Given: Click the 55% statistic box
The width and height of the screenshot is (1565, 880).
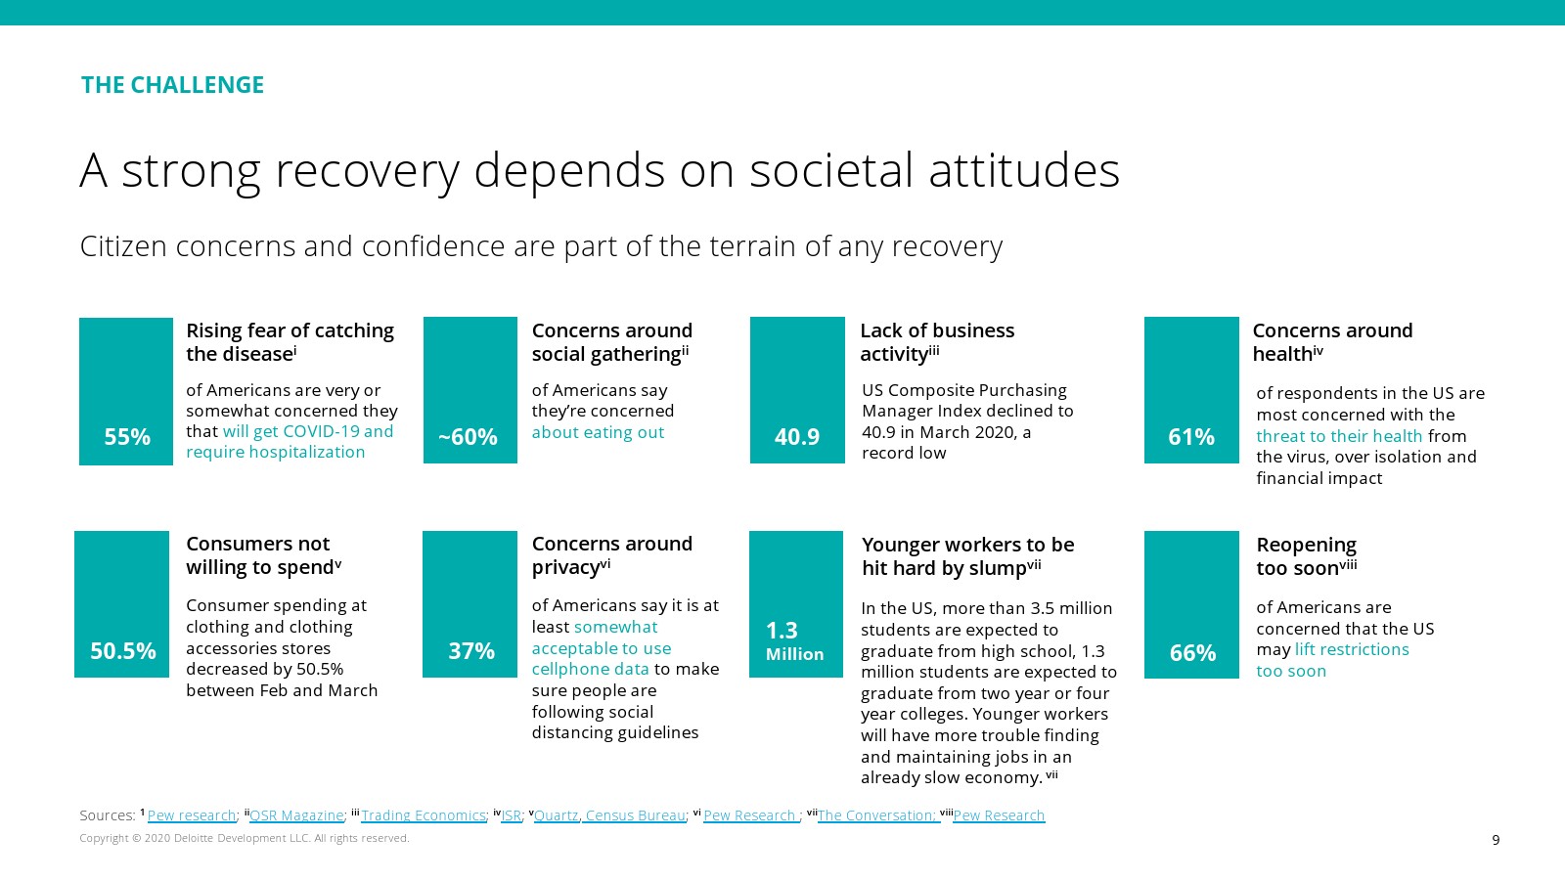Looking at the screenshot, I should click(126, 391).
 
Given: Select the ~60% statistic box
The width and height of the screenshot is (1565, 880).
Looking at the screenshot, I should click(469, 390).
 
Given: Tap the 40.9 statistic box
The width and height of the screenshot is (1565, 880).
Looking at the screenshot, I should click(797, 390).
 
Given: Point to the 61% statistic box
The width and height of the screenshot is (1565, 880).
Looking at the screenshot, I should click(1191, 390).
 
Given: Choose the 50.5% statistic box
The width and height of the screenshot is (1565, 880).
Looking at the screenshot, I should click(122, 604).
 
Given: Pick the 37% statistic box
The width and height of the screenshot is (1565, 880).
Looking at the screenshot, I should click(469, 604).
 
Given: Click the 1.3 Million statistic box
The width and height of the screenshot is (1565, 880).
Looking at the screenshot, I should click(795, 604).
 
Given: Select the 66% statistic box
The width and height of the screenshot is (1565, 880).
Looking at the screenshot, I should click(1191, 604).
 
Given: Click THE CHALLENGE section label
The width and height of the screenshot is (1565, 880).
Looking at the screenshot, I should click(172, 85).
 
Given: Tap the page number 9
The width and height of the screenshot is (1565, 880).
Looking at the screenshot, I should click(1496, 840).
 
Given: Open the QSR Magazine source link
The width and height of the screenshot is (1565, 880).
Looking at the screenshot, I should click(296, 815).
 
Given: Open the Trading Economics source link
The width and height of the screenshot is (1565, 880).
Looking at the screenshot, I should click(424, 815).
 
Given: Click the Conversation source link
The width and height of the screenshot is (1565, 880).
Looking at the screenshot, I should click(877, 815).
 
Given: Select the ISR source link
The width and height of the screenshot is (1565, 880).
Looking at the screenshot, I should click(511, 815).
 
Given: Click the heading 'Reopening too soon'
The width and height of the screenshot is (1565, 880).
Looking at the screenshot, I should click(1306, 556).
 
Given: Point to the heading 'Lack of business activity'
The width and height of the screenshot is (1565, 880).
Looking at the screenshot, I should click(936, 342).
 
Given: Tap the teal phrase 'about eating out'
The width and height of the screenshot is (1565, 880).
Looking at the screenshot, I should click(598, 432).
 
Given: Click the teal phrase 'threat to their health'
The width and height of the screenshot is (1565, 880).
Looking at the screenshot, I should click(1339, 436).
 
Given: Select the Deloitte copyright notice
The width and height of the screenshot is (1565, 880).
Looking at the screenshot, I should click(245, 838).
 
